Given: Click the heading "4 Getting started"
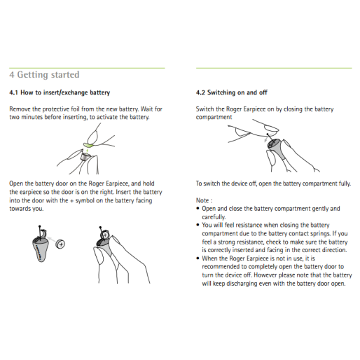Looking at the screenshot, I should point(44,75).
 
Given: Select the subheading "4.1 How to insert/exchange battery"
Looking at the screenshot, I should point(60,92).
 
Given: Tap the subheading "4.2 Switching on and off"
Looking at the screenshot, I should point(232,92).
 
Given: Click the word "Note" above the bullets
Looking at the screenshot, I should point(202,200).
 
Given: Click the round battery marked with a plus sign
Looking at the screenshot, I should point(61,244).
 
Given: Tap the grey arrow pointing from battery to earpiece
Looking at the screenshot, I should point(51,243).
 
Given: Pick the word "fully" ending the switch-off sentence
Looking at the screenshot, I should point(343,184).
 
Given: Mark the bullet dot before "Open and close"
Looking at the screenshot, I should point(198,209).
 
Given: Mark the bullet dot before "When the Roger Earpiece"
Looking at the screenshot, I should point(198,258).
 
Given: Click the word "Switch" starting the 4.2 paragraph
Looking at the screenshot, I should point(205,109).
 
